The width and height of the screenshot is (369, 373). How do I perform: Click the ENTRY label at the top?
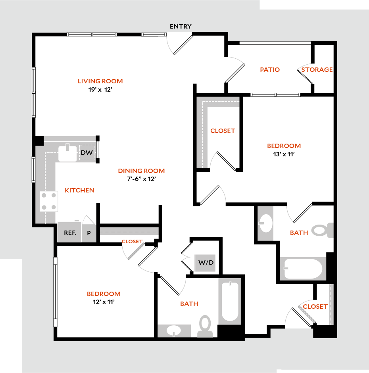pyautogui.click(x=181, y=27)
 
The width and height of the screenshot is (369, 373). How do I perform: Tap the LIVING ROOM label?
pyautogui.click(x=100, y=81)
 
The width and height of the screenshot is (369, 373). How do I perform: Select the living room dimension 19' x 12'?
pyautogui.click(x=100, y=90)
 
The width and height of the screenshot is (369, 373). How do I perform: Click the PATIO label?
pyautogui.click(x=270, y=69)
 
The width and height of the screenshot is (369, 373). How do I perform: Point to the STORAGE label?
pyautogui.click(x=317, y=69)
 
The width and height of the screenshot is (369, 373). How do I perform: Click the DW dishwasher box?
pyautogui.click(x=86, y=153)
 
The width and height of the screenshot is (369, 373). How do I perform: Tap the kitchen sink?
pyautogui.click(x=67, y=153)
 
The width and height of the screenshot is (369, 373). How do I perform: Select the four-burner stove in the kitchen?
pyautogui.click(x=49, y=201)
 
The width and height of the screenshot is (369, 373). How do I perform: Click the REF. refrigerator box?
pyautogui.click(x=70, y=233)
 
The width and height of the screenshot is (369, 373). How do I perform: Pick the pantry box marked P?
pyautogui.click(x=89, y=233)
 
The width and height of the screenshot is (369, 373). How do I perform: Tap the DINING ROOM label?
pyautogui.click(x=141, y=171)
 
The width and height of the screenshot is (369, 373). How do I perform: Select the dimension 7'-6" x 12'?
pyautogui.click(x=141, y=179)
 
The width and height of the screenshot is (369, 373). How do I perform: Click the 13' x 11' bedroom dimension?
pyautogui.click(x=284, y=154)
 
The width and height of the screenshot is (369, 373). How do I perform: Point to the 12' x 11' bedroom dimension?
pyautogui.click(x=104, y=302)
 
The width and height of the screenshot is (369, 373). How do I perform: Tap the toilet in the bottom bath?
pyautogui.click(x=205, y=325)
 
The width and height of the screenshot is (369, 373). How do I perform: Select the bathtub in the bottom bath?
pyautogui.click(x=229, y=302)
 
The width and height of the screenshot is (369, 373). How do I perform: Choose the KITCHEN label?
pyautogui.click(x=79, y=190)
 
